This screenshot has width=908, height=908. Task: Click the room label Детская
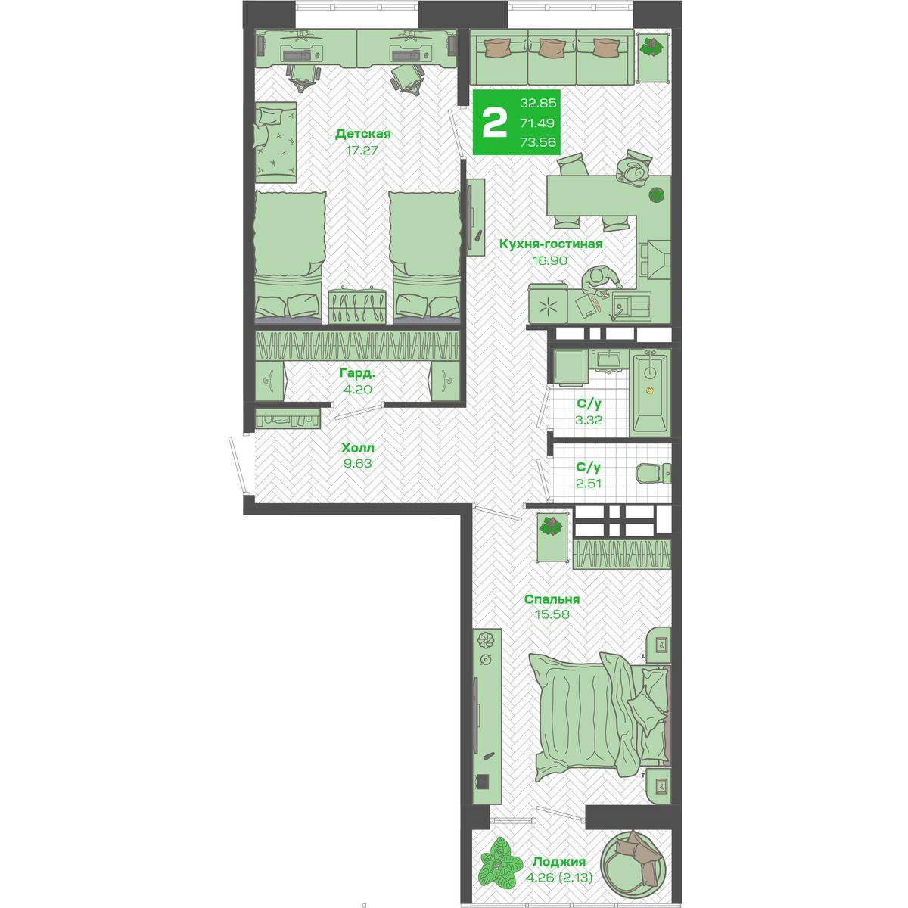(363, 134)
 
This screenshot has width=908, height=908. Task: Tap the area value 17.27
(362, 151)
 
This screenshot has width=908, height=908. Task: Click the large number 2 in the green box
(495, 122)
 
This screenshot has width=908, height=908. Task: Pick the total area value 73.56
(538, 141)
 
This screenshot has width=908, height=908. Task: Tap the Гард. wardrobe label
(358, 374)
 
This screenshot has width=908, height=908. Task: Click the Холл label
(359, 447)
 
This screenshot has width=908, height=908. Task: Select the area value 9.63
(358, 463)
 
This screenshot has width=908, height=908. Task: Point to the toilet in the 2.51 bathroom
(654, 473)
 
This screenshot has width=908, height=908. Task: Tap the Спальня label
(552, 599)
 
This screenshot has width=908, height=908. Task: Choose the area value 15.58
(552, 614)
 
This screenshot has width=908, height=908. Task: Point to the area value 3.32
(589, 420)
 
